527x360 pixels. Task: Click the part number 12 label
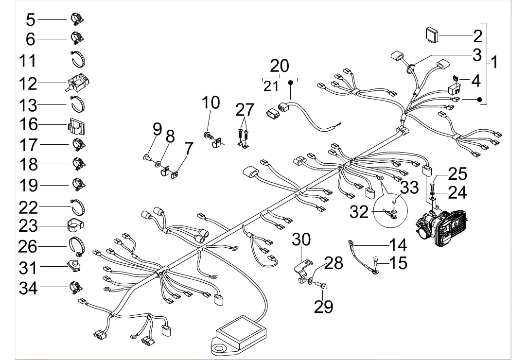click(x=28, y=83)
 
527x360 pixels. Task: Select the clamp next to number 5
click(x=77, y=19)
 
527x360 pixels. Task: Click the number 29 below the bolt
click(x=324, y=307)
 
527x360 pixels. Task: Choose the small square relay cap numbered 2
click(x=431, y=34)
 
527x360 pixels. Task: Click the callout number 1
click(x=494, y=62)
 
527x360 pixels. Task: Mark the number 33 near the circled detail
click(x=409, y=187)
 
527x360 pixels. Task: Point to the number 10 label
click(x=211, y=103)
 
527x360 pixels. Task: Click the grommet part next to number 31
click(x=75, y=265)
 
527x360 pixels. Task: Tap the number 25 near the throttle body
click(x=457, y=173)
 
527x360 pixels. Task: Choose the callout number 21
click(x=271, y=86)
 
